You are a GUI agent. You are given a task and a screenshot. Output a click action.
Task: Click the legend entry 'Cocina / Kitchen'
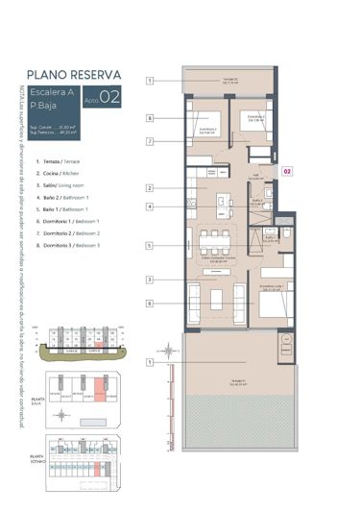[x=65, y=174]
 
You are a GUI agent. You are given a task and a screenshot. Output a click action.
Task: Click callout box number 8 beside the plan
[x=151, y=118]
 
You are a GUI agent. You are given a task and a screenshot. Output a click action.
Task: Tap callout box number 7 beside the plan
[x=151, y=140]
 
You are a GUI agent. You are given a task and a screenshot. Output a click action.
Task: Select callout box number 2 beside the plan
[x=151, y=187]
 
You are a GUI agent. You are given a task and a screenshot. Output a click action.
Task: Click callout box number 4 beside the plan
[x=151, y=207]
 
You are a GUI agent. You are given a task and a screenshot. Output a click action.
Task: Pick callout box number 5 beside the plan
[x=151, y=246]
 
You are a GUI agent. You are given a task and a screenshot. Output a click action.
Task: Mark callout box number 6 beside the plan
[x=151, y=303]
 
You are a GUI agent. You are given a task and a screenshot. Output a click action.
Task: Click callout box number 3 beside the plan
[x=151, y=280]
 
